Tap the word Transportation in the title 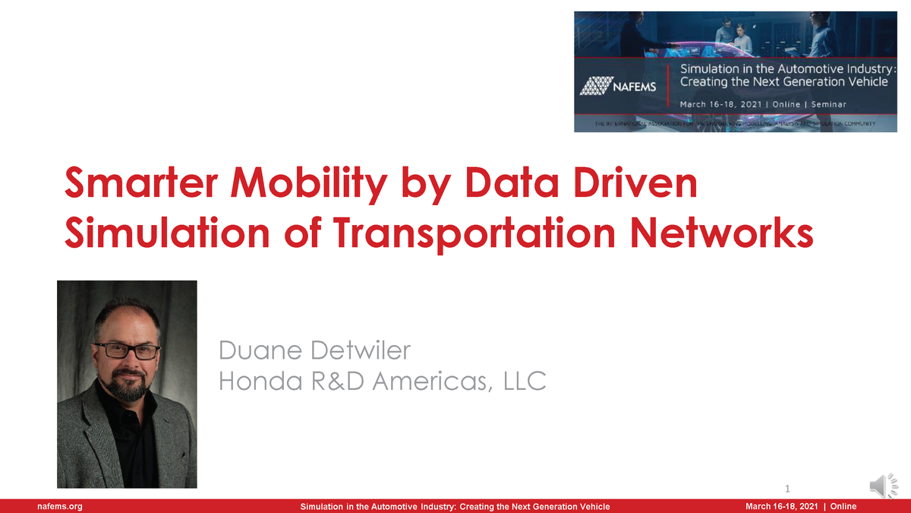pos(463,233)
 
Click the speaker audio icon pos(881,485)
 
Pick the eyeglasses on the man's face pos(127,351)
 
